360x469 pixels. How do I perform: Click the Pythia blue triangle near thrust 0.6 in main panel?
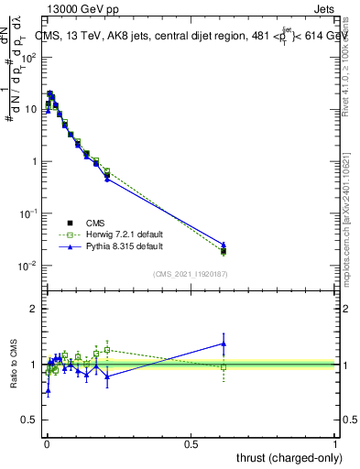coord(224,245)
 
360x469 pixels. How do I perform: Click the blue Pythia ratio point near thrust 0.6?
coord(224,344)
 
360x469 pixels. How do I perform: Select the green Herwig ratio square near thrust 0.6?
coord(224,366)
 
